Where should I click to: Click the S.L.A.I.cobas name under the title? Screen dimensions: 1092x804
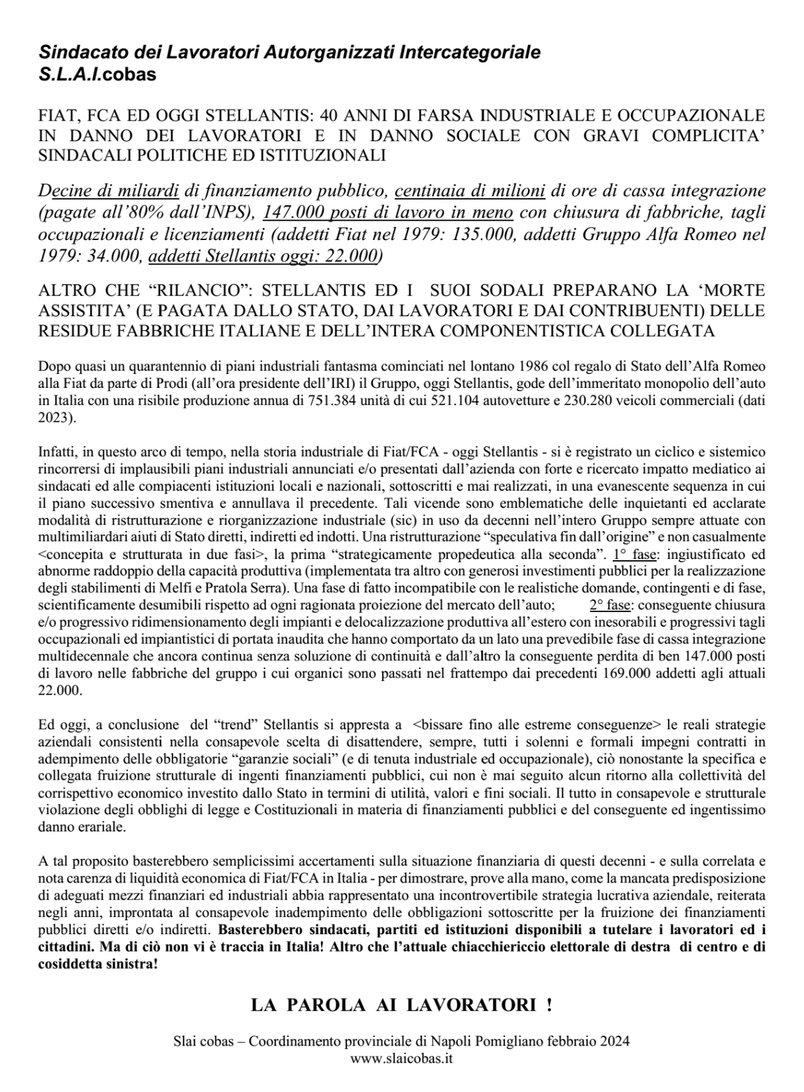[98, 74]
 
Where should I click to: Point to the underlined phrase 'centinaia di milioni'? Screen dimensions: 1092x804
[470, 192]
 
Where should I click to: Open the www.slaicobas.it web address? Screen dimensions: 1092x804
[401, 1058]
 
